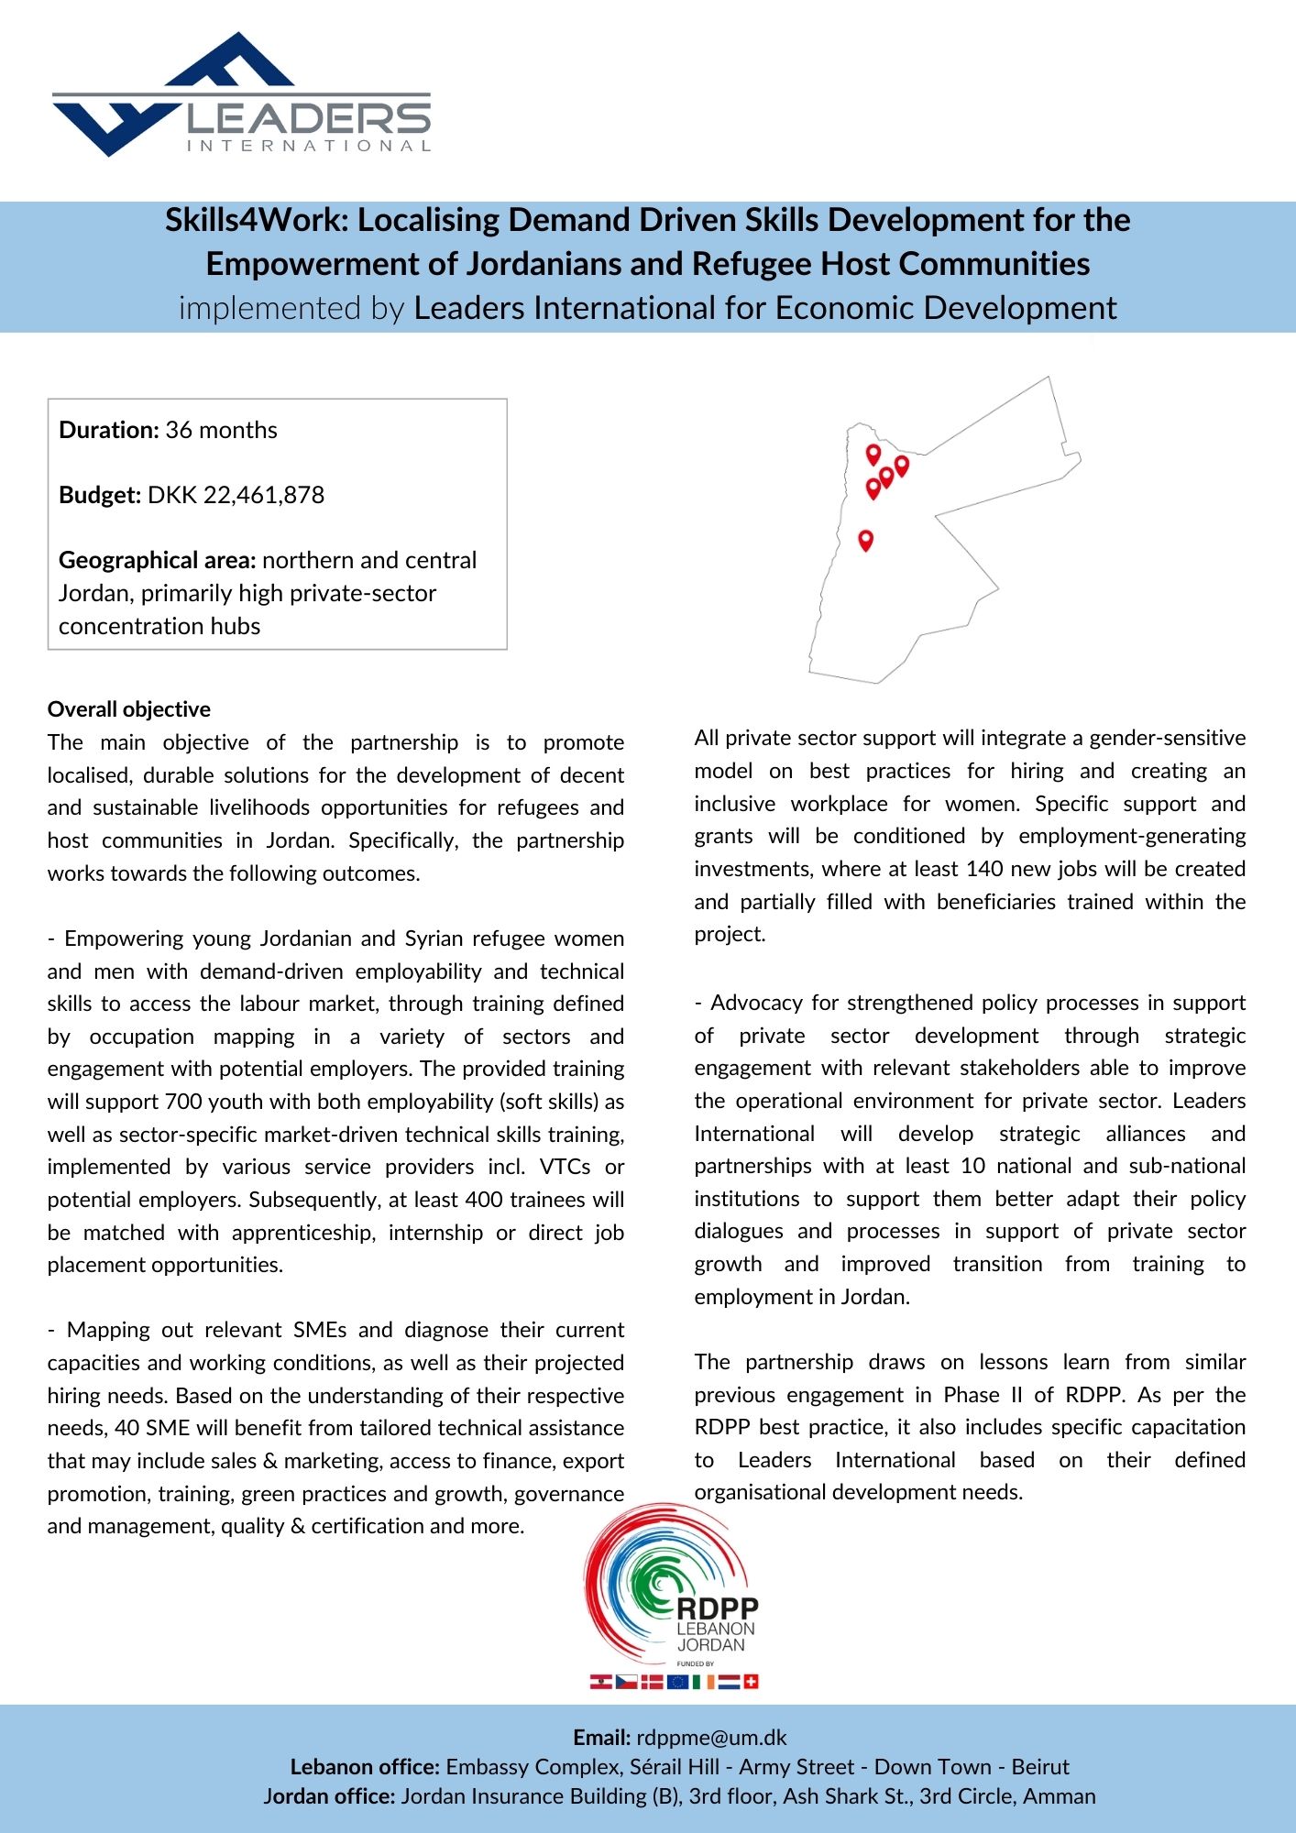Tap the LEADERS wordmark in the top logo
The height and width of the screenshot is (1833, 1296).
308,118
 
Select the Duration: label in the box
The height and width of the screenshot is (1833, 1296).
109,430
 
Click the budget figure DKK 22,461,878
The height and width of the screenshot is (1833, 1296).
236,495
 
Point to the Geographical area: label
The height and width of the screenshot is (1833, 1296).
157,560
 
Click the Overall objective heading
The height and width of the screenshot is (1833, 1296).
129,709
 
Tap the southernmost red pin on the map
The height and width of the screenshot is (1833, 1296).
865,540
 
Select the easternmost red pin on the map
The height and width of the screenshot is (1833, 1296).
902,466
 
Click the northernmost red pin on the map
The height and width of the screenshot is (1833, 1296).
873,454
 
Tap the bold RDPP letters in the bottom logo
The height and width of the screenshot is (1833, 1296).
718,1608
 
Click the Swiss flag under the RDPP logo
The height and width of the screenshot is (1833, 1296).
751,1682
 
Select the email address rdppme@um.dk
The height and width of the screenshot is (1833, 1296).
711,1738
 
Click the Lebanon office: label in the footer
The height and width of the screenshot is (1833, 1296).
366,1767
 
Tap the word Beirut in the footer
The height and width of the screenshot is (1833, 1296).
1040,1767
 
